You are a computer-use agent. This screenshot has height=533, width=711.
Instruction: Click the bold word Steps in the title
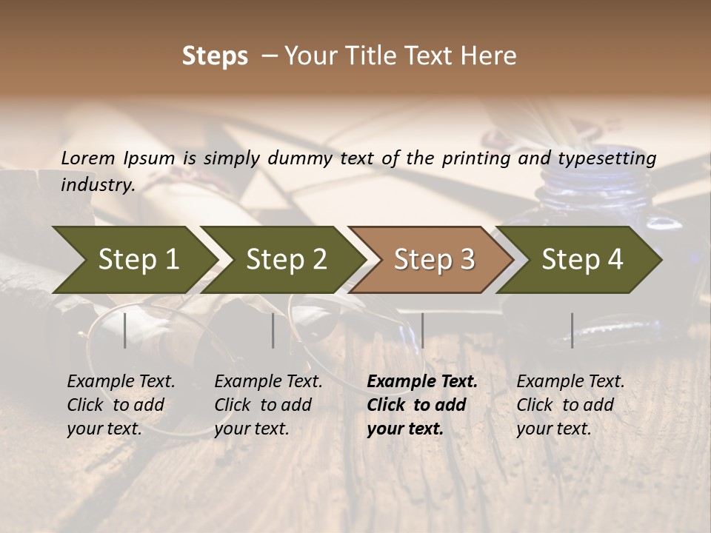coord(215,56)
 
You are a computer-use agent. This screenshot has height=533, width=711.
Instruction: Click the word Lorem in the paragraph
coord(88,158)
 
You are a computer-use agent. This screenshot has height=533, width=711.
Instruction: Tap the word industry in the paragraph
coord(97,184)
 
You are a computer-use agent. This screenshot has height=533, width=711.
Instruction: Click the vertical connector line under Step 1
coord(124,330)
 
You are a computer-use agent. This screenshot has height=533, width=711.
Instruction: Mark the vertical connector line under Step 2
coord(273,330)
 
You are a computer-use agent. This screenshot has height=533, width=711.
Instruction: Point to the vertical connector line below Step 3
coord(422,330)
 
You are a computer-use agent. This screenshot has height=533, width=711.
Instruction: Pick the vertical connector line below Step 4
coord(572,330)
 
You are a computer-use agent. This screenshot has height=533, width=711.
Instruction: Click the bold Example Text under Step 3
coord(422,382)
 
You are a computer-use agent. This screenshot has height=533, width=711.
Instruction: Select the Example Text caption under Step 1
coord(121,382)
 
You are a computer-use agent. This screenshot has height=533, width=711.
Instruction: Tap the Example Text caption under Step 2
coord(268,382)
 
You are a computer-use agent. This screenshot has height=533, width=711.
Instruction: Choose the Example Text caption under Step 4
coord(570,382)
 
